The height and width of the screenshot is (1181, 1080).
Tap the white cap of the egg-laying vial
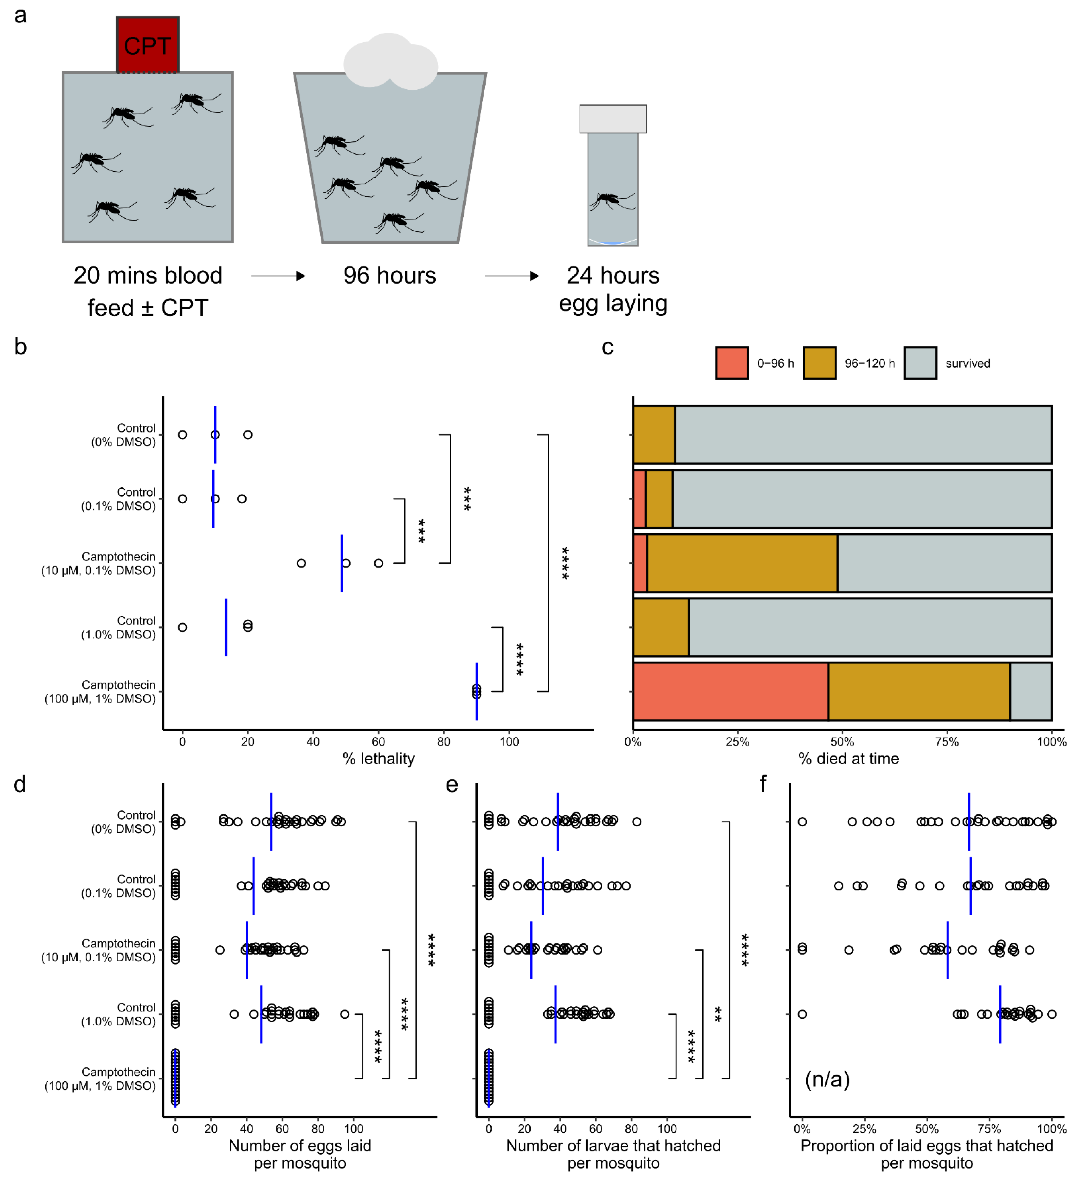tap(613, 119)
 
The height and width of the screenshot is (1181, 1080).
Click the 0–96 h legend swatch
tap(732, 363)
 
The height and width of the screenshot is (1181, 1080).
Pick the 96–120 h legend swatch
tap(819, 363)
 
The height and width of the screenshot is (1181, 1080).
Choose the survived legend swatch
tap(920, 363)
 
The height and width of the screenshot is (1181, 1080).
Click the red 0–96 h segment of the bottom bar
tap(730, 691)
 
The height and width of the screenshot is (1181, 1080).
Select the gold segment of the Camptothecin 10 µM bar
tap(742, 563)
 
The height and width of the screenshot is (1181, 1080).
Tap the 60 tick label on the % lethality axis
tap(378, 742)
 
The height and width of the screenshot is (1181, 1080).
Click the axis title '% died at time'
tap(848, 759)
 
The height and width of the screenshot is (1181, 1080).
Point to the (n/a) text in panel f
tap(827, 1079)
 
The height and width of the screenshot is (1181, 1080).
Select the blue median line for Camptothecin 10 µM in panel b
tap(342, 563)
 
